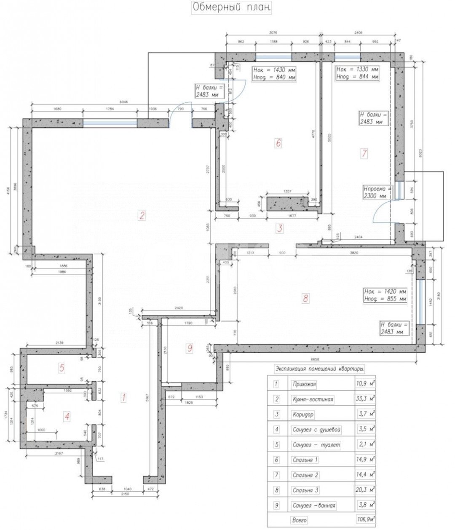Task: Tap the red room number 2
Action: (142, 216)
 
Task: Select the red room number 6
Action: (278, 143)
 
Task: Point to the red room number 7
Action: (364, 154)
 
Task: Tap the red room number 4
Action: (67, 417)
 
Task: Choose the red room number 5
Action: (62, 368)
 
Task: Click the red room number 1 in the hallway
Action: (124, 397)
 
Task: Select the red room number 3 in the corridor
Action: (278, 229)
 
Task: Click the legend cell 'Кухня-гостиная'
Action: (313, 399)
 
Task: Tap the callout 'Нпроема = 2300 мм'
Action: (378, 192)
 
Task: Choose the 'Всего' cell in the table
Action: (299, 520)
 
